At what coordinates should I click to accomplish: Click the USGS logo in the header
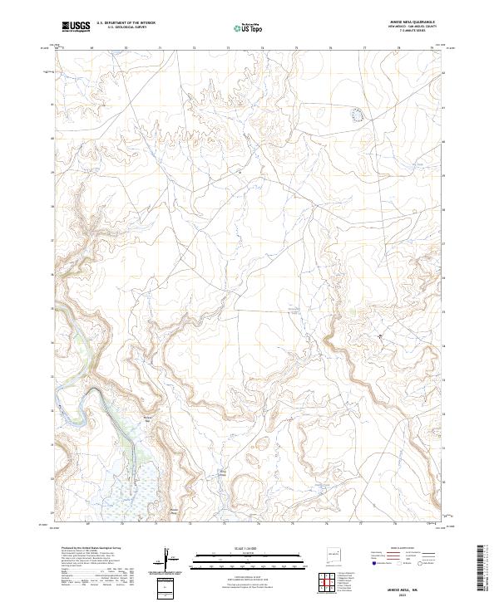(x=76, y=27)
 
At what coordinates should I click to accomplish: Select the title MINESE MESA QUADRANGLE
(x=412, y=22)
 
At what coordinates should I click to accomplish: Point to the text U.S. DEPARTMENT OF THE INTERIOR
(x=126, y=22)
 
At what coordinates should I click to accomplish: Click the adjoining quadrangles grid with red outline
(x=326, y=581)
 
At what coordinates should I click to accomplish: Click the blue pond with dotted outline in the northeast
(x=358, y=115)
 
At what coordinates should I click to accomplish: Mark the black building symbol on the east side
(x=381, y=335)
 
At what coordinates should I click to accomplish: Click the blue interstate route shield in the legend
(x=373, y=562)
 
